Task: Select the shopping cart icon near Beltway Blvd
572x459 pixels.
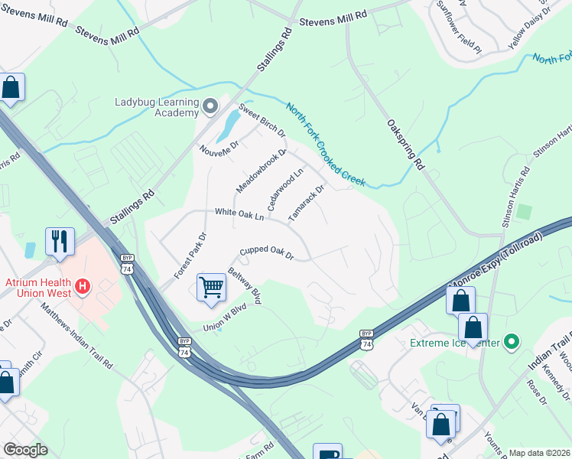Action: (212, 288)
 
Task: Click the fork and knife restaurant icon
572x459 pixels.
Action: (60, 242)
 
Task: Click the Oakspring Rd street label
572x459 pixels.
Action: (405, 143)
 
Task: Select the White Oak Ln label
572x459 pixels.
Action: (239, 214)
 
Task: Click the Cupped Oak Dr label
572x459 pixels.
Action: (266, 252)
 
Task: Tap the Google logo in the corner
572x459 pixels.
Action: (24, 449)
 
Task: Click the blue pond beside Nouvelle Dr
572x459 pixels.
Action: (227, 126)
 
